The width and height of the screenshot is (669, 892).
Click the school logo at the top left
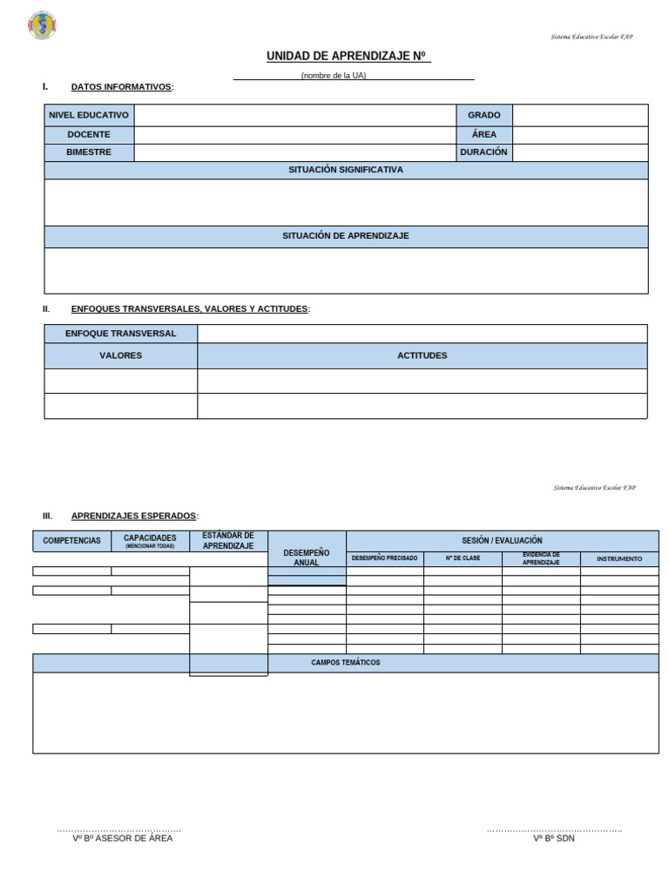point(42,25)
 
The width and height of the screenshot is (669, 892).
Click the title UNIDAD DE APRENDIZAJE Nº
point(347,57)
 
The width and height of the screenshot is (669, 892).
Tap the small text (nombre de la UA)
point(334,76)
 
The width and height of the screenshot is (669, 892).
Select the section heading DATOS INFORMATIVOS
point(121,87)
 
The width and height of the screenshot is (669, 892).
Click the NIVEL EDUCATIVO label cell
point(89,115)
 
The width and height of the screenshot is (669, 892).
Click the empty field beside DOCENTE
point(295,135)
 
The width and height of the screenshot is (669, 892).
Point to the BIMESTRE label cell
point(89,152)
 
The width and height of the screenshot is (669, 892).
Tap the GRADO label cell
point(483,115)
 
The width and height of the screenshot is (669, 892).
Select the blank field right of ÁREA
point(580,135)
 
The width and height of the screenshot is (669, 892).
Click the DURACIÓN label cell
point(483,152)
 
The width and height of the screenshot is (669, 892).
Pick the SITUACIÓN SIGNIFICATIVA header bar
point(346,171)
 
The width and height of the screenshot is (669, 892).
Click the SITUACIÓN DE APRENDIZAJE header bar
point(346,236)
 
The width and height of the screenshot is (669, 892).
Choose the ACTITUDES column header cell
point(422,355)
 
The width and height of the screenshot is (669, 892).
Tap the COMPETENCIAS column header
point(71,541)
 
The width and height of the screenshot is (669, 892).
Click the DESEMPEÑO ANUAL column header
point(307,557)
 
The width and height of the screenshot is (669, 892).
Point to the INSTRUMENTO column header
point(619,559)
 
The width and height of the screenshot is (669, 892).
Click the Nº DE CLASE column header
point(463,558)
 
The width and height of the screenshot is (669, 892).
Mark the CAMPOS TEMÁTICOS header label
point(346,663)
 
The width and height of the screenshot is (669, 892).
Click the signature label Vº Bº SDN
point(554,838)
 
